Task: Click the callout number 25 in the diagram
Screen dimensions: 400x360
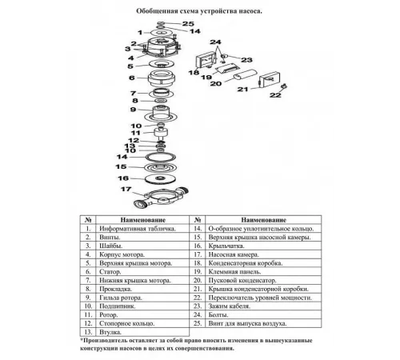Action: [188, 23]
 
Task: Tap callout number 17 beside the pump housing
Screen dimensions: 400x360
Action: [126, 189]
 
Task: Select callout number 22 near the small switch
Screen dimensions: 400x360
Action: [275, 95]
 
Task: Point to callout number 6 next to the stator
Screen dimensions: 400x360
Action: [132, 78]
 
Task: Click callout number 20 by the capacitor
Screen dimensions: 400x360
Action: [216, 84]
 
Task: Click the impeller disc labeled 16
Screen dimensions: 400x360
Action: [160, 178]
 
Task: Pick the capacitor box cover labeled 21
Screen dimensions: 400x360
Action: [270, 79]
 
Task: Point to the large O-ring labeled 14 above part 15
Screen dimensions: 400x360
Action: [160, 157]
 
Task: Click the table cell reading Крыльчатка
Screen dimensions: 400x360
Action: [226, 246]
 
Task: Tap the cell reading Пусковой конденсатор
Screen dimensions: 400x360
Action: [242, 280]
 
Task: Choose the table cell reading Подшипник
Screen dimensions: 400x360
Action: [118, 306]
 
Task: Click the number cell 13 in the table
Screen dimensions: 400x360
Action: [88, 332]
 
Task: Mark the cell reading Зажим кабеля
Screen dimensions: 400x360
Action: [230, 306]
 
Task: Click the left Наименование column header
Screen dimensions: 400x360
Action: [143, 220]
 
